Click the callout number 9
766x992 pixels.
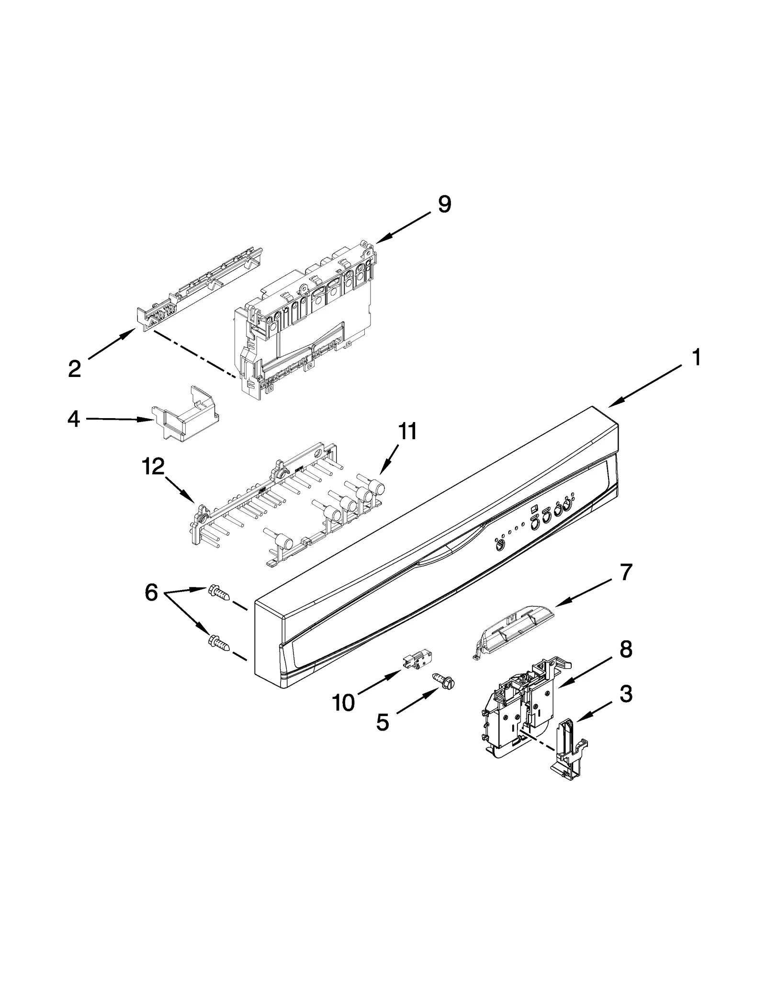(x=444, y=205)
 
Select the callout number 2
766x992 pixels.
(x=75, y=369)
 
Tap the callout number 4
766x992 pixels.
(x=73, y=420)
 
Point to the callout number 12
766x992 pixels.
(x=153, y=467)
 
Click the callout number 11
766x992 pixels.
(x=407, y=432)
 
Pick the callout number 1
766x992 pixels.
(x=697, y=358)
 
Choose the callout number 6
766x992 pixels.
(x=151, y=593)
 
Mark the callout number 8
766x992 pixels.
(x=625, y=650)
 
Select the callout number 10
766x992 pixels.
(x=343, y=703)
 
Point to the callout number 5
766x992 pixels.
(x=382, y=723)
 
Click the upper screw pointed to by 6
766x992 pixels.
(x=219, y=593)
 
